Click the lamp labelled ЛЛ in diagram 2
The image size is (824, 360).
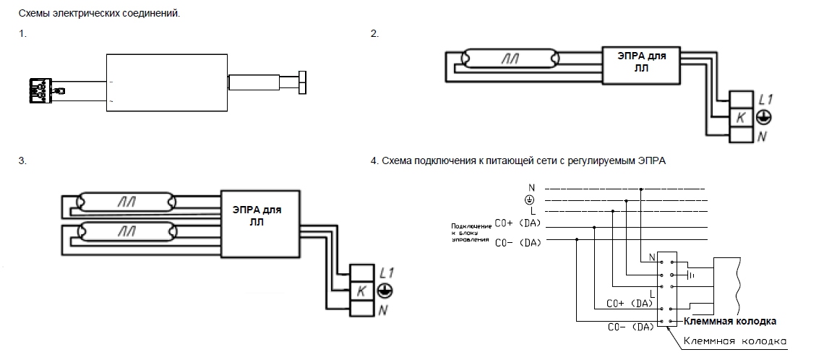[x=512, y=57]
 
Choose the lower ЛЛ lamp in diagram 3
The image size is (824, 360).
[x=128, y=232]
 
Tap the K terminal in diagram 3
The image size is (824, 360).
[x=361, y=292]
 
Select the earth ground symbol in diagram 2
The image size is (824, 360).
[x=763, y=117]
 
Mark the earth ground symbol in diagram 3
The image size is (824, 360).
[x=385, y=291]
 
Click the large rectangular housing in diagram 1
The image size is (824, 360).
[x=166, y=84]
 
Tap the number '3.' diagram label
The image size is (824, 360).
[x=22, y=161]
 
